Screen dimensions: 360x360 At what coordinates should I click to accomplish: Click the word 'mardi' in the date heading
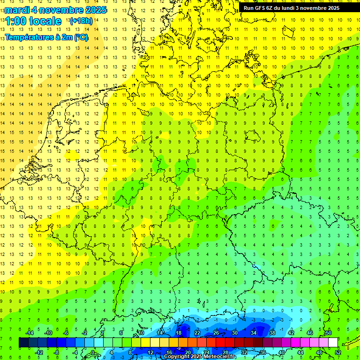(x=16, y=10)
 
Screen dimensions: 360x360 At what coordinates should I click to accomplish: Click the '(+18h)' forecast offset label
(x=81, y=21)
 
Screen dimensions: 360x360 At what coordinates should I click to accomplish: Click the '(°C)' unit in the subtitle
(x=81, y=37)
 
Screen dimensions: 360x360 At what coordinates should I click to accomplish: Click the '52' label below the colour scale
(x=338, y=352)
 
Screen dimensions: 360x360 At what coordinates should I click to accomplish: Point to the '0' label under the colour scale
(x=93, y=352)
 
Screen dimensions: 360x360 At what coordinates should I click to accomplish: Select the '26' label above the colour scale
(x=216, y=333)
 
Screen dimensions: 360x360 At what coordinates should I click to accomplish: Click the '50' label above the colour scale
(x=329, y=333)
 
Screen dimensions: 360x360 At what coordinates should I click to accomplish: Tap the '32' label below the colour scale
(x=244, y=352)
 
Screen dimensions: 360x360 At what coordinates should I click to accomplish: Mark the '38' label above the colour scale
(x=272, y=333)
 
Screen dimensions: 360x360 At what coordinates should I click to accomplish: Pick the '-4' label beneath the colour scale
(x=75, y=352)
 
